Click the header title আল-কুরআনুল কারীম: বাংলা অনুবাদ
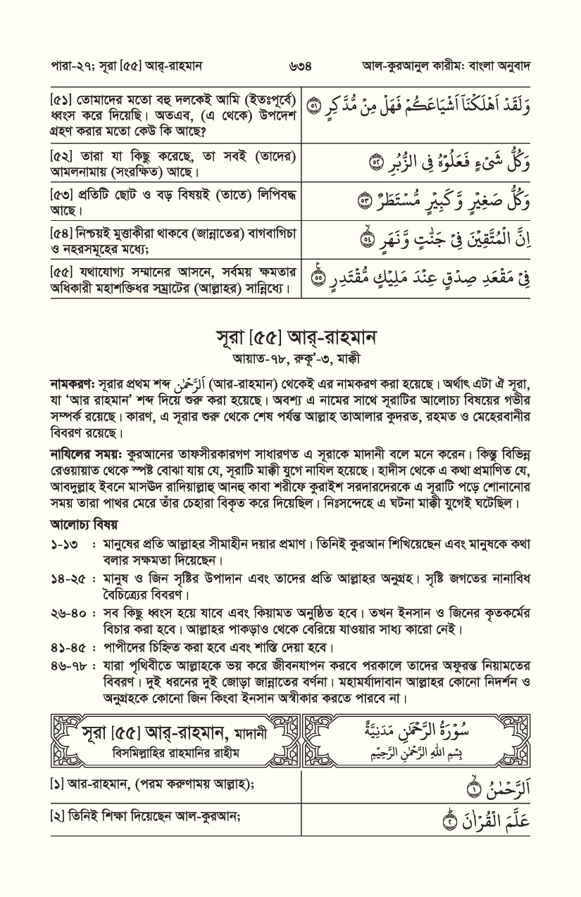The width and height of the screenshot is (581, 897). (445, 68)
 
